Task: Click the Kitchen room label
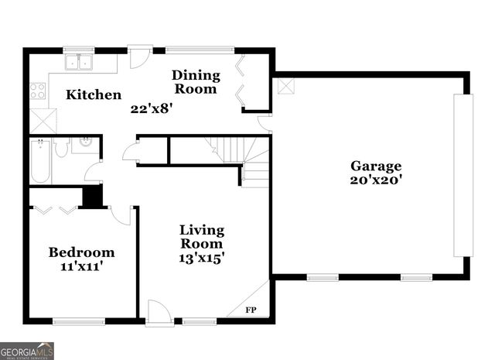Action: (x=93, y=95)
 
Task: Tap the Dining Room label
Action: (x=196, y=82)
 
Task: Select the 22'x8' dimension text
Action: (x=151, y=109)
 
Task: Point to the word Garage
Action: (x=376, y=166)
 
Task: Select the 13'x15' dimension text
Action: (x=202, y=258)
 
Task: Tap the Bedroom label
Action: (x=81, y=252)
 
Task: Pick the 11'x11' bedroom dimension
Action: (x=81, y=266)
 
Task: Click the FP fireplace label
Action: (x=251, y=310)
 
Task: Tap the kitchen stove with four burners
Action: (x=37, y=91)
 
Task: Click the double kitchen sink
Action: (x=79, y=63)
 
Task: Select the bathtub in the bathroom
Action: (x=40, y=160)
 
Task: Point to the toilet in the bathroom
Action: (x=62, y=147)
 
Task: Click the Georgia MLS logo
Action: (x=27, y=351)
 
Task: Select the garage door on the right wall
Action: (x=463, y=175)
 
